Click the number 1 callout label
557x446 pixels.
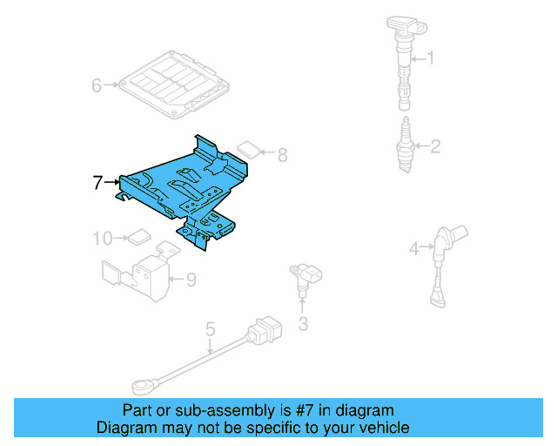(429, 59)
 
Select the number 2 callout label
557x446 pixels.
(434, 147)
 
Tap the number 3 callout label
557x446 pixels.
(303, 326)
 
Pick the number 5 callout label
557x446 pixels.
(210, 329)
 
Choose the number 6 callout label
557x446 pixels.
(97, 85)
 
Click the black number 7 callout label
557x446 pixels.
(98, 183)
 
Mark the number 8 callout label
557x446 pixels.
(281, 156)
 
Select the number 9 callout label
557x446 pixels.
(191, 280)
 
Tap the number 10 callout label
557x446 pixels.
(103, 237)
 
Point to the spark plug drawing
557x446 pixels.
(405, 144)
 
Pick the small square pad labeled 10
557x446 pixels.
(138, 235)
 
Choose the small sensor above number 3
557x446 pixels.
(304, 279)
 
